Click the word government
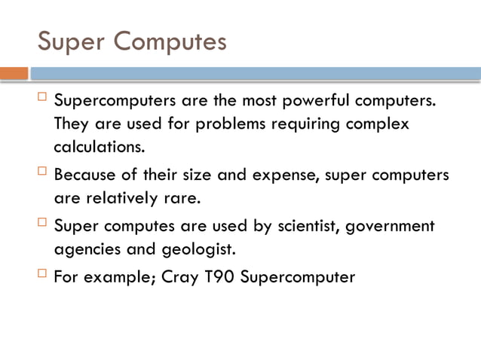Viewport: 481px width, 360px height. click(x=389, y=226)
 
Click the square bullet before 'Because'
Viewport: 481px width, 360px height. click(x=42, y=173)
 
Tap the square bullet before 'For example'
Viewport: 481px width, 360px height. click(x=42, y=275)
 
